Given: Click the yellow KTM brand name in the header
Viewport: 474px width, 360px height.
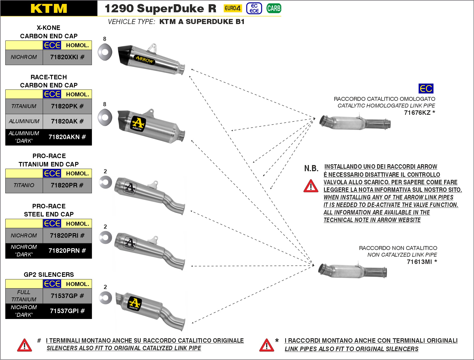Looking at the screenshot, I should [x=49, y=8].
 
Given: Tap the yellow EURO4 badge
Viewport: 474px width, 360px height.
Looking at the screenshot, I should [x=232, y=8].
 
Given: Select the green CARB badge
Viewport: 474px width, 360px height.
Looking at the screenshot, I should [x=273, y=8].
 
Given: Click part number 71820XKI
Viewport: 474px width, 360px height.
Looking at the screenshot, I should [x=67, y=57].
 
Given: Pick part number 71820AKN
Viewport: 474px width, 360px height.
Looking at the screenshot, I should [x=67, y=137].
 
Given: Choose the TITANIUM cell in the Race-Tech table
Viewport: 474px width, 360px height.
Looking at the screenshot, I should [x=24, y=106].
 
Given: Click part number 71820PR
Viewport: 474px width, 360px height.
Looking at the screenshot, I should [x=67, y=185].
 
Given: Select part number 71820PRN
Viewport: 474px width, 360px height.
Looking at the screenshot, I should [x=67, y=251].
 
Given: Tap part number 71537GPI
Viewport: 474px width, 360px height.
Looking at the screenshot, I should [x=67, y=311].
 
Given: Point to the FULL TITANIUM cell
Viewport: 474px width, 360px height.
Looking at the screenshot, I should [x=24, y=296].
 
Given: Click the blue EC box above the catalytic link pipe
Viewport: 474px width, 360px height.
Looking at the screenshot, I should [x=426, y=89].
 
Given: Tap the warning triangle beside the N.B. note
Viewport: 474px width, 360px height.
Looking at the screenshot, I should [x=311, y=186].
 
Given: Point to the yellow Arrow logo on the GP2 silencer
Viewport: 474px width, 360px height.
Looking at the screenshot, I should [x=134, y=303].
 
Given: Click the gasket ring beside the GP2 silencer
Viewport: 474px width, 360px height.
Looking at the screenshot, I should [x=105, y=298].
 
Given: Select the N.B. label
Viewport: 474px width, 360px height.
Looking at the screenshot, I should [x=311, y=168].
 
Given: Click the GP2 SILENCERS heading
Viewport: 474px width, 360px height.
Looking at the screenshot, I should [x=49, y=275].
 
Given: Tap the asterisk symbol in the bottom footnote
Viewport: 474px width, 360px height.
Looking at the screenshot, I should [x=277, y=340].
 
